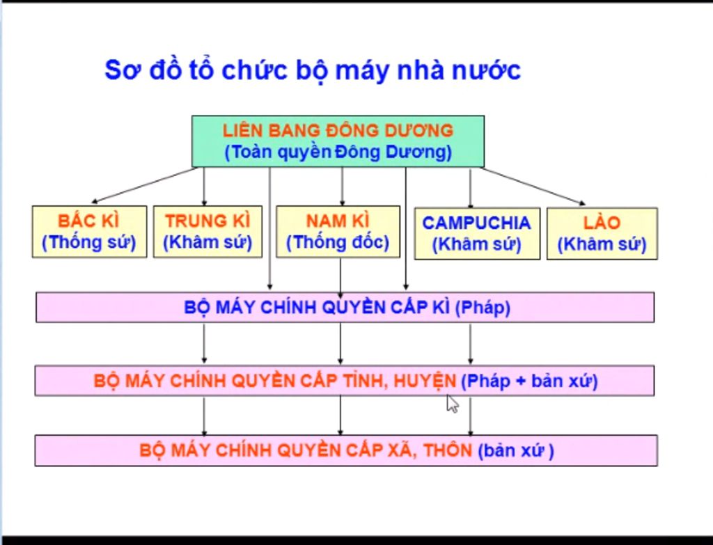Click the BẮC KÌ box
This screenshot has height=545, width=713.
[x=90, y=232]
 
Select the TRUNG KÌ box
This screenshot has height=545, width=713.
[x=207, y=232]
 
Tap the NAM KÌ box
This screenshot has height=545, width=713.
[x=338, y=232]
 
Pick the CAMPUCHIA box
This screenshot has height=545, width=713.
[x=477, y=234]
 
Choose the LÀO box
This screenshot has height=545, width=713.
[x=602, y=234]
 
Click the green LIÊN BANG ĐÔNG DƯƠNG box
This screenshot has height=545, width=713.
[x=338, y=141]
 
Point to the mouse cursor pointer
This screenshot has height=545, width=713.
[x=452, y=404]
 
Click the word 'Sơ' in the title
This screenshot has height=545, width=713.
[x=121, y=70]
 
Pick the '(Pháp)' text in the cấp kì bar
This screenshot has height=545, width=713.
[x=483, y=308]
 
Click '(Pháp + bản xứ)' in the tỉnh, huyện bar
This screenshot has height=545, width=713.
[x=529, y=381]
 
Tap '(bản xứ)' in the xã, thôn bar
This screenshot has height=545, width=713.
[x=516, y=451]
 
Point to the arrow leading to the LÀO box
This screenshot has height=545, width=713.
[x=533, y=187]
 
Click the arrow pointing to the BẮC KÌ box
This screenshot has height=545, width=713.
[x=144, y=185]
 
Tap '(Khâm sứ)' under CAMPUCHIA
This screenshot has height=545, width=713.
[x=476, y=244]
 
